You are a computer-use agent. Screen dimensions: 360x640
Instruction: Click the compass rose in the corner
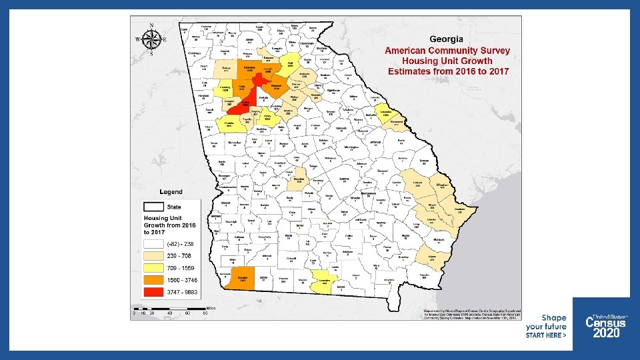(x=151, y=39)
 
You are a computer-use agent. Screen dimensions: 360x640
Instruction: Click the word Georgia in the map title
(x=447, y=39)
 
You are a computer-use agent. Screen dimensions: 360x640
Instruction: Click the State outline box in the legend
(x=155, y=207)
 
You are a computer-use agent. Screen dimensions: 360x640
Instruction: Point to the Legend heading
(x=171, y=192)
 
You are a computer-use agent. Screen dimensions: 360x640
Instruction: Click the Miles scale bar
(x=170, y=308)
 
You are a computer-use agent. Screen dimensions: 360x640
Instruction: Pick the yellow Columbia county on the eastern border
(x=385, y=113)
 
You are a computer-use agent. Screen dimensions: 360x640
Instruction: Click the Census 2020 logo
(x=605, y=326)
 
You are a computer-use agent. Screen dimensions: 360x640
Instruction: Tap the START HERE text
(x=545, y=336)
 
